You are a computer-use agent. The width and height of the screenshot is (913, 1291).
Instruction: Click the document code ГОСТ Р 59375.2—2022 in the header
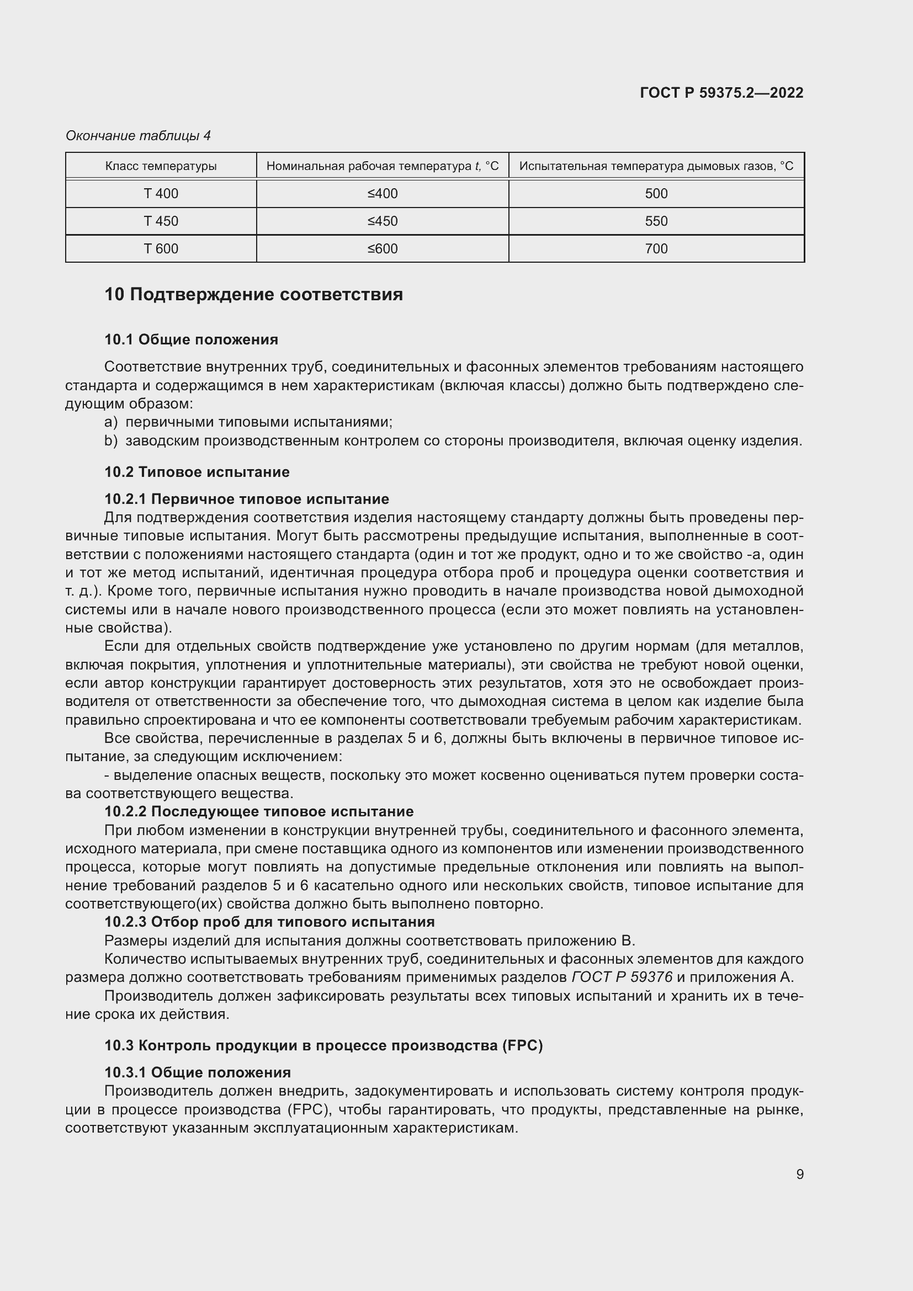point(721,93)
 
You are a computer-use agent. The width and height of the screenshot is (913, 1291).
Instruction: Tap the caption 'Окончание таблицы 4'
point(138,136)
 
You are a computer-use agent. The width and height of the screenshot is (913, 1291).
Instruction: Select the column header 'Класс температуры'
point(161,166)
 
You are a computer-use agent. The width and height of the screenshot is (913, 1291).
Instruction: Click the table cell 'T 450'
point(161,221)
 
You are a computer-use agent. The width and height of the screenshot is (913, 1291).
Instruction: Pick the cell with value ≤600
point(383,248)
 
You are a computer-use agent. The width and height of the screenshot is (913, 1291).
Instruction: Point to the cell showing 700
point(656,248)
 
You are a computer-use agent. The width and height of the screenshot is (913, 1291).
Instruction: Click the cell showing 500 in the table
point(656,193)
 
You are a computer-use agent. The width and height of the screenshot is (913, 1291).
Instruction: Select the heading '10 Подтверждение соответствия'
point(253,295)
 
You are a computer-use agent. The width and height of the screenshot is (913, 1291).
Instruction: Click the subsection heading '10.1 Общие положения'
point(191,339)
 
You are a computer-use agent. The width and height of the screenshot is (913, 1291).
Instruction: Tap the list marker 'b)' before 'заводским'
point(111,441)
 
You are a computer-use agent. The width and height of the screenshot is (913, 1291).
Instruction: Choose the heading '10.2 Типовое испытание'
point(197,472)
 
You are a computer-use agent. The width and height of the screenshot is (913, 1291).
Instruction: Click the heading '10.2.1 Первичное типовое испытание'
point(246,499)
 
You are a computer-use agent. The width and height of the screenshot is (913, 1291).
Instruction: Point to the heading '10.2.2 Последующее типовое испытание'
point(258,811)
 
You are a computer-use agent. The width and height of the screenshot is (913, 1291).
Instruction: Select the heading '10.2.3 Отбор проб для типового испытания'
point(269,922)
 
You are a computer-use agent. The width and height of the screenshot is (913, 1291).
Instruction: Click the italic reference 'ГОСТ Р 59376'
point(622,977)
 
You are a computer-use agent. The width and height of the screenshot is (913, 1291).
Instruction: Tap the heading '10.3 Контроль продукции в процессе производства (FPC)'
point(323,1045)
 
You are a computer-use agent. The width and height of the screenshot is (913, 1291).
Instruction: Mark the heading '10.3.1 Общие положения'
point(197,1072)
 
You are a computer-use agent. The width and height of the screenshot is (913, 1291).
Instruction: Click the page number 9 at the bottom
point(799,1174)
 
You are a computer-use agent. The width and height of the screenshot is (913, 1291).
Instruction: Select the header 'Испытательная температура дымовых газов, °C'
point(656,166)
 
